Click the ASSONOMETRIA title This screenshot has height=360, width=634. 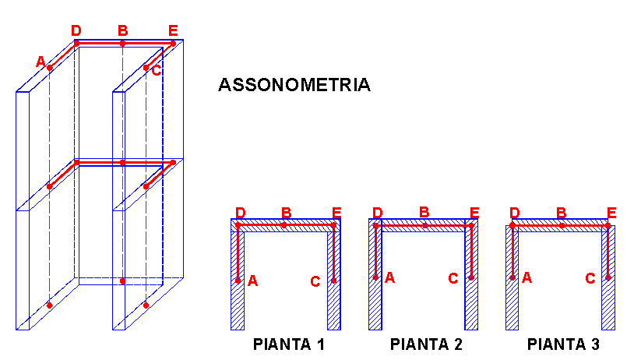[x=294, y=85]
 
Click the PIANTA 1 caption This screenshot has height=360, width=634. [x=289, y=344]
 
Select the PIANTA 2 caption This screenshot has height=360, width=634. [x=426, y=344]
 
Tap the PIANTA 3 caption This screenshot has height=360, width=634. [x=563, y=344]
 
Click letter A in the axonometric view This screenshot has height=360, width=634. [x=41, y=62]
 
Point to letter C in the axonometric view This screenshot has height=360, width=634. [x=157, y=70]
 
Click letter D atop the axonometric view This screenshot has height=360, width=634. [x=76, y=30]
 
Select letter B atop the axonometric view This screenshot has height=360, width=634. [x=122, y=30]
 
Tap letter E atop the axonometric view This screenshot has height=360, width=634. [x=173, y=30]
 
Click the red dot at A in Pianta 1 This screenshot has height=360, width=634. [x=238, y=281]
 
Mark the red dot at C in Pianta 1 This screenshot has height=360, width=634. [x=334, y=281]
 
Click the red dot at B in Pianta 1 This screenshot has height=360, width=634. [x=284, y=225]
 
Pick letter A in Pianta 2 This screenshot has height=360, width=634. [x=389, y=278]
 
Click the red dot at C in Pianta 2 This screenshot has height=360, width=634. [x=471, y=278]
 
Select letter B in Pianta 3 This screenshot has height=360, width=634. [x=562, y=213]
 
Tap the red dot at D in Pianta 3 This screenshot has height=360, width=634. [x=512, y=225]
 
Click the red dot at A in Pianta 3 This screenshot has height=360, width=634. [x=512, y=278]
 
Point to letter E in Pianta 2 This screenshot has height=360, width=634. [x=474, y=213]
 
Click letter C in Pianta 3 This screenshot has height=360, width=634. [x=590, y=278]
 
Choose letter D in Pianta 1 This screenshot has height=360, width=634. [x=240, y=213]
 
